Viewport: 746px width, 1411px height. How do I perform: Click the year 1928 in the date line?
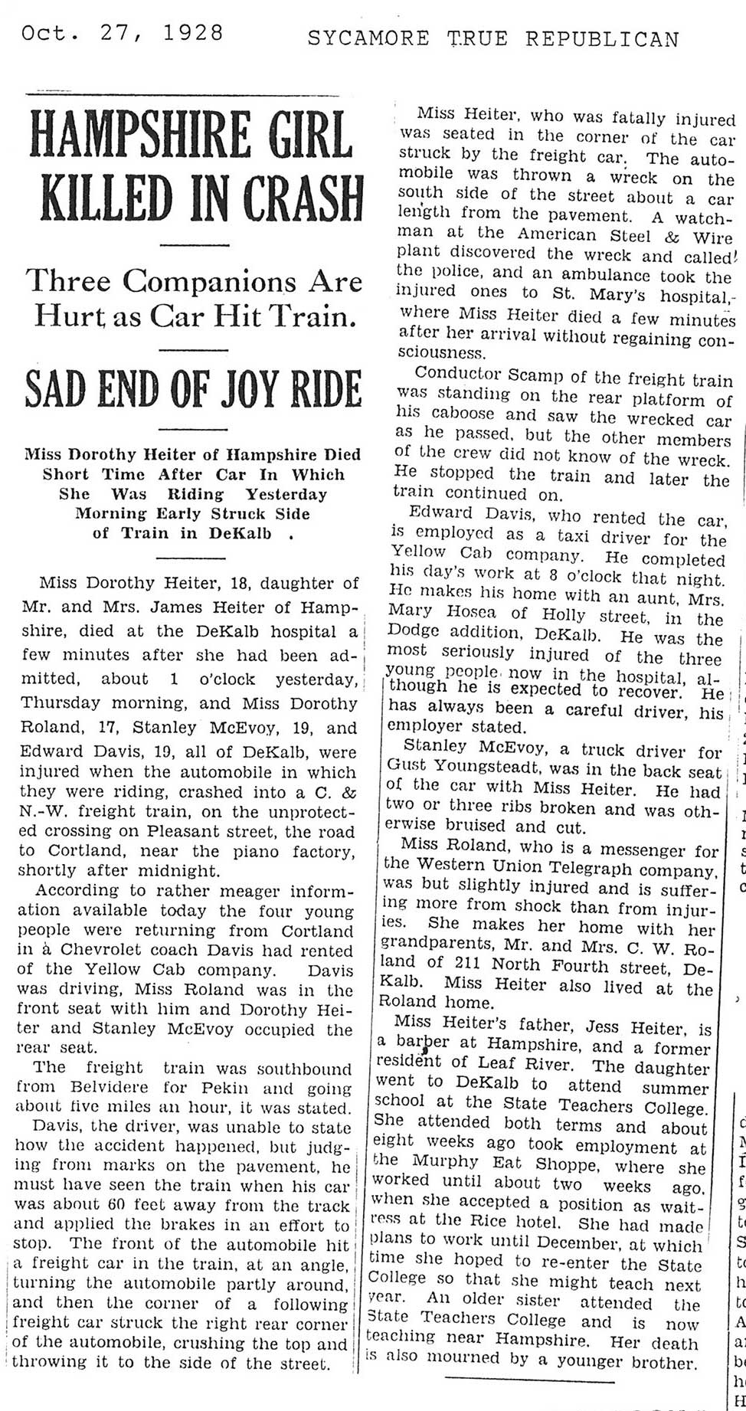193,33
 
